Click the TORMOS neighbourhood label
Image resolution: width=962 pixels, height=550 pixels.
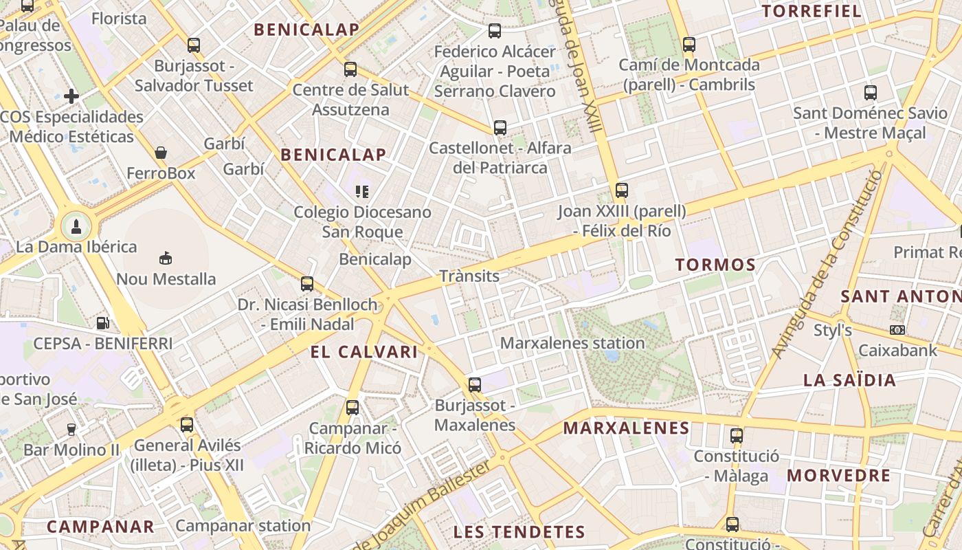715,265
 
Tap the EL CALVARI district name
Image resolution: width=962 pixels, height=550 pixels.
364,352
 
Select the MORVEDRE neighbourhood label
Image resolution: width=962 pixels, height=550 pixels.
838,476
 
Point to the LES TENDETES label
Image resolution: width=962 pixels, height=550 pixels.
519,531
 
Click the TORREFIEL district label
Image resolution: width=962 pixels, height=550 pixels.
812,11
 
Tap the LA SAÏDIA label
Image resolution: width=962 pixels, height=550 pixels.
849,380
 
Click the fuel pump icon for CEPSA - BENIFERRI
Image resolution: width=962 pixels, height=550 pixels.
103,322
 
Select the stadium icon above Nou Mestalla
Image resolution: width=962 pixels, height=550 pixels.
166,258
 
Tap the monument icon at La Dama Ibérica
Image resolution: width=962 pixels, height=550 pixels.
76,225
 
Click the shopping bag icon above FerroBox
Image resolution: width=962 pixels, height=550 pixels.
161,152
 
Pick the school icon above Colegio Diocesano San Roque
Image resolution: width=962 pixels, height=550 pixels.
362,191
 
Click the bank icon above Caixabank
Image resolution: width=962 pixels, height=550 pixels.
897,330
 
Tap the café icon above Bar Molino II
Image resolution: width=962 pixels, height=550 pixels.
71,430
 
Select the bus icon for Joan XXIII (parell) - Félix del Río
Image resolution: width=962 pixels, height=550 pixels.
622,190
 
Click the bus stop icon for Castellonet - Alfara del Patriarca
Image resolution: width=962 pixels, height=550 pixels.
500,127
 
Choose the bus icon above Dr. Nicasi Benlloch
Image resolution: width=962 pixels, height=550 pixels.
307,283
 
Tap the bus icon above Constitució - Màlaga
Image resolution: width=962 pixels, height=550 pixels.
737,435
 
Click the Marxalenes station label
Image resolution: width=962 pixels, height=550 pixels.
572,343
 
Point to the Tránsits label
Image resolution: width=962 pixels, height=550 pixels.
469,276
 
